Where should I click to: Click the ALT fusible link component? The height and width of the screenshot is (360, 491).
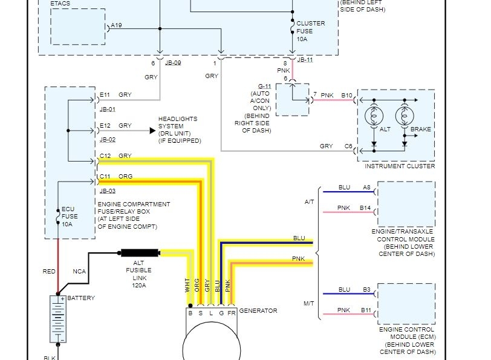140,253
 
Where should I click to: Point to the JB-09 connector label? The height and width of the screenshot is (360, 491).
173,63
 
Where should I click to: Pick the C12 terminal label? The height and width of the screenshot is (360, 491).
105,156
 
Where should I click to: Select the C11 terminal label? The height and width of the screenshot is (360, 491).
105,177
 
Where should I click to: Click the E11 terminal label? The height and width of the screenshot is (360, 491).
105,95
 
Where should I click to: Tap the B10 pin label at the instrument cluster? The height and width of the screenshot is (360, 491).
347,96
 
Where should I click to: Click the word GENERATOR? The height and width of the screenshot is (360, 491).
258,311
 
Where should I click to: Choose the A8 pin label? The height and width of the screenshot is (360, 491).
366,188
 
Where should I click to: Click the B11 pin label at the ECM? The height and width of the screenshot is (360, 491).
366,310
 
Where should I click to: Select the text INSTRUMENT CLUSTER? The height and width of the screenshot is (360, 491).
399,166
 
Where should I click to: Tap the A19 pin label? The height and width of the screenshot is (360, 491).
116,25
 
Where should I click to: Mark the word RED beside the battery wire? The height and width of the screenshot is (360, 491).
49,272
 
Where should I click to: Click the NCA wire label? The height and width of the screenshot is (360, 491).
79,272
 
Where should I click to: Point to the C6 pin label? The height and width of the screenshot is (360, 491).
348,146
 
